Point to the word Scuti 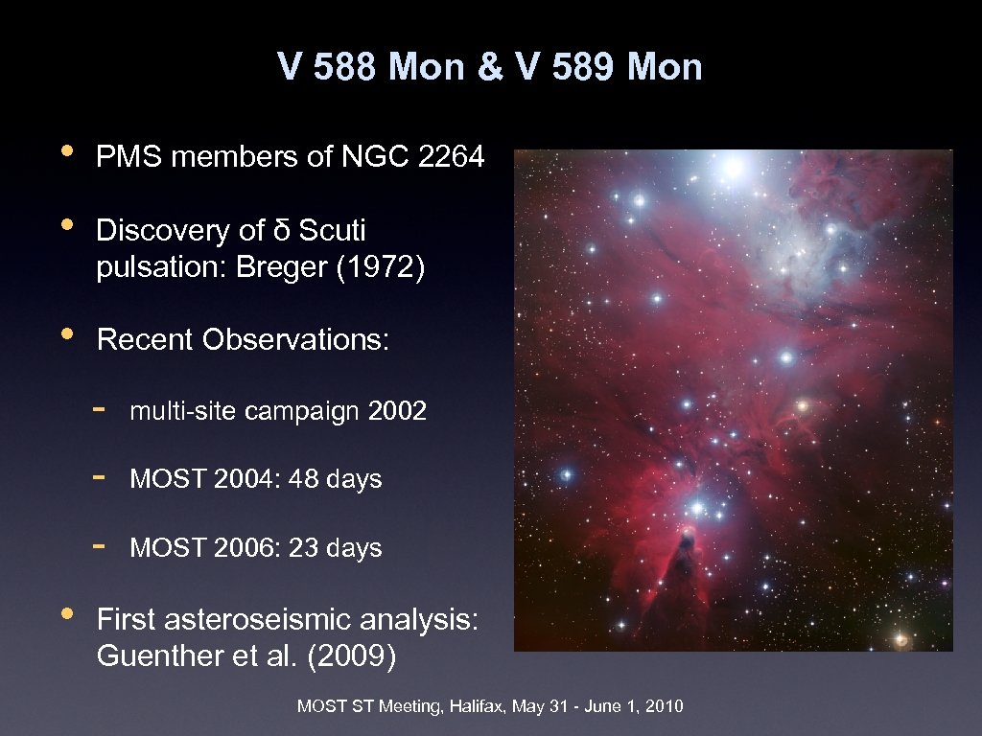(x=333, y=231)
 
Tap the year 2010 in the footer (x=665, y=707)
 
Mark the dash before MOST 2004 (x=99, y=475)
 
